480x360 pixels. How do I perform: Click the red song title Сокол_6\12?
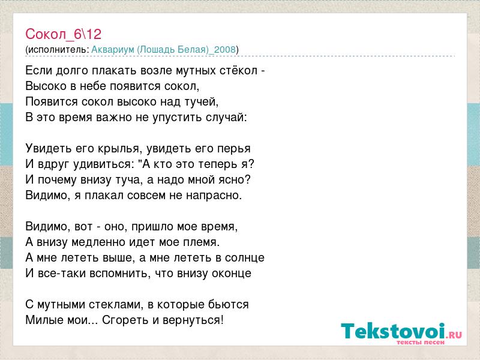[64, 34]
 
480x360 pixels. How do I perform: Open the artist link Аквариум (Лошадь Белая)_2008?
[164, 50]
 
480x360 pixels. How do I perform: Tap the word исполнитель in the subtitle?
[58, 50]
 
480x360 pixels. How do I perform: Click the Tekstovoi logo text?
[393, 331]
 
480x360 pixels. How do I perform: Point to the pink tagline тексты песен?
[421, 342]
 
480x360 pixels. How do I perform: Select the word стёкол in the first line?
[238, 70]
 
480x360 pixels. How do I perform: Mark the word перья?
[234, 149]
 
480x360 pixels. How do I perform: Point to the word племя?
[202, 242]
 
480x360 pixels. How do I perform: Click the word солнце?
[245, 258]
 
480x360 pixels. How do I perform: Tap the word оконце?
[233, 274]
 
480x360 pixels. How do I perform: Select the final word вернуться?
[193, 320]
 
